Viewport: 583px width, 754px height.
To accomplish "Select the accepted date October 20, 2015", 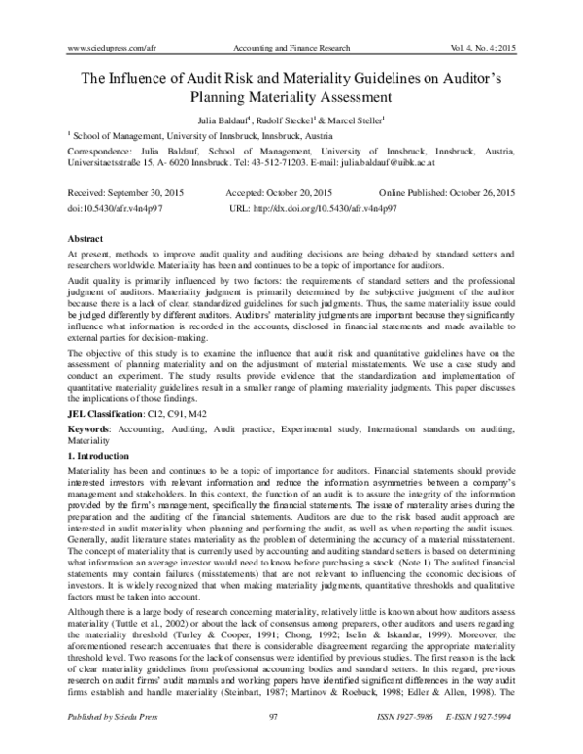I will coord(296,194).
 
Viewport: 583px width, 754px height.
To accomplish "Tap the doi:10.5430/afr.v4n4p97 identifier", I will coord(114,208).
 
